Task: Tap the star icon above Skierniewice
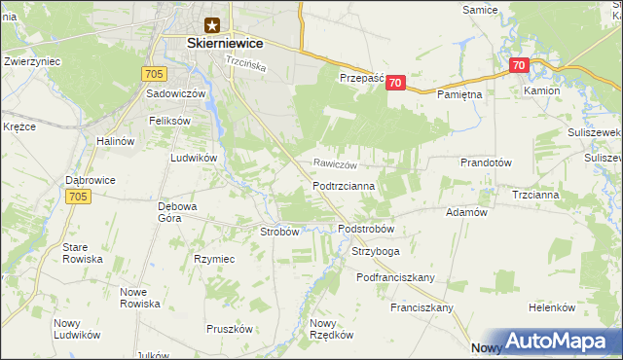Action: click(x=212, y=25)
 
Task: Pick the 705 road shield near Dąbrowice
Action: click(x=81, y=197)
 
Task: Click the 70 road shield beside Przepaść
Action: click(x=394, y=84)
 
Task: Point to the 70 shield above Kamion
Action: click(x=518, y=66)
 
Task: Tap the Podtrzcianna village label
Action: click(x=350, y=185)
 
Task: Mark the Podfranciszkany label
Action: click(x=394, y=277)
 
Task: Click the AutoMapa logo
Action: click(x=552, y=342)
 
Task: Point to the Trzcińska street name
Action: click(x=246, y=60)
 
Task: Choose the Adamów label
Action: click(x=465, y=212)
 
